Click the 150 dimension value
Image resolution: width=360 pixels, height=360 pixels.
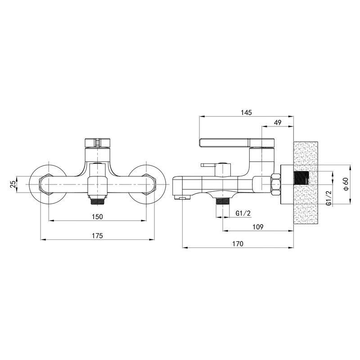[97, 216]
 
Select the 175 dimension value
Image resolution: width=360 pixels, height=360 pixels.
[97, 235]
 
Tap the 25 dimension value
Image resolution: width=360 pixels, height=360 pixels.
[13, 184]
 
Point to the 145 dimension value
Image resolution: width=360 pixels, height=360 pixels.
[246, 112]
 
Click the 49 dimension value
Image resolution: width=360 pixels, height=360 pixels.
[278, 122]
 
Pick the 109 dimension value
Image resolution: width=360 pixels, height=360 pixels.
[258, 227]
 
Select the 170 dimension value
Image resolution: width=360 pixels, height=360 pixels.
[238, 243]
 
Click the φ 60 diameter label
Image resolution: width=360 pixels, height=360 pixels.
[346, 184]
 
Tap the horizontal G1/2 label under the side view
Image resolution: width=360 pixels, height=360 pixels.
[243, 213]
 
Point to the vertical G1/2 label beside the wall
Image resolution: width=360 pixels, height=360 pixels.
[329, 198]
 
